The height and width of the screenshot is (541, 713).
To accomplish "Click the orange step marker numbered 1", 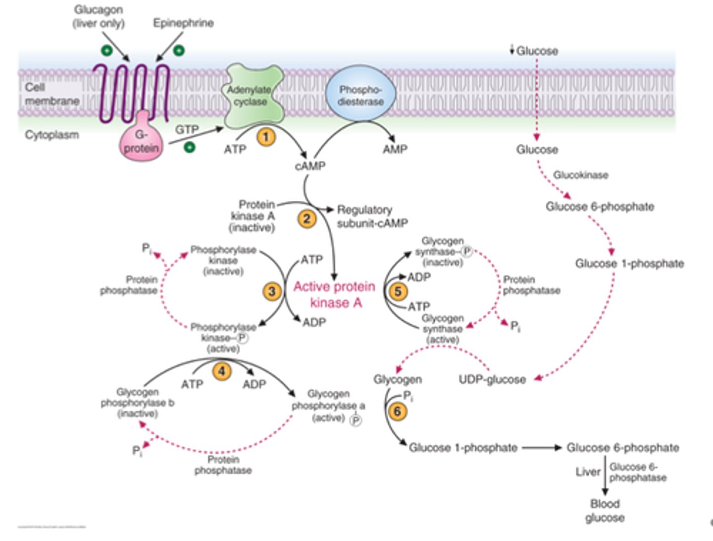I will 266,136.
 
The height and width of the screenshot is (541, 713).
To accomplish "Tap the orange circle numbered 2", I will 306,218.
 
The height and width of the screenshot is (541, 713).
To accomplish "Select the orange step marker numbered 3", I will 272,291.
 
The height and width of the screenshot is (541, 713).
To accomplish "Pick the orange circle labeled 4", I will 222,370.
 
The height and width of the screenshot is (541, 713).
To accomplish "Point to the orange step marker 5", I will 398,291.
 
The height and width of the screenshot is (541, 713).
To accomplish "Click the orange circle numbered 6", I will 397,411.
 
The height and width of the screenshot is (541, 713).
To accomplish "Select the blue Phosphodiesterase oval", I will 360,95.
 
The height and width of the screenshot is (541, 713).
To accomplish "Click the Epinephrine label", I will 183,23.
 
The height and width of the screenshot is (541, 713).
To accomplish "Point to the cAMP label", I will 310,166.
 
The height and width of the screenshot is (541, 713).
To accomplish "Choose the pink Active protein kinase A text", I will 335,295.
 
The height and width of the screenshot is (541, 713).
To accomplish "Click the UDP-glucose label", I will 492,379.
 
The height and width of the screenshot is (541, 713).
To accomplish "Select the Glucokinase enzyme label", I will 580,175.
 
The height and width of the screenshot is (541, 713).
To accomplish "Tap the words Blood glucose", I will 605,511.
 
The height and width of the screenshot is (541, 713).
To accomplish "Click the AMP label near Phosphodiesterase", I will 395,149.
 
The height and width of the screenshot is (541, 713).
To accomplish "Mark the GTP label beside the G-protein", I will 187,130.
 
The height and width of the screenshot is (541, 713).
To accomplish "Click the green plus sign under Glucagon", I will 106,50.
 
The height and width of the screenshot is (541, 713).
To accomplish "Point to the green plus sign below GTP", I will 189,147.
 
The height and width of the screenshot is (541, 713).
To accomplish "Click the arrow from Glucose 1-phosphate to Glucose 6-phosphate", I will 542,448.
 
